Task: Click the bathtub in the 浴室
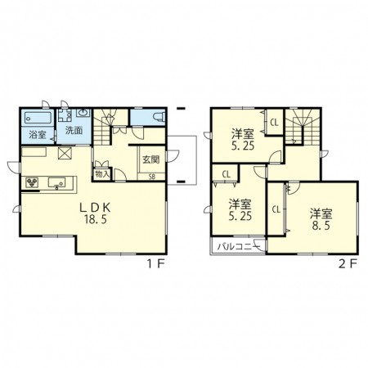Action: [38, 118]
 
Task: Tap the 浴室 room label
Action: [38, 134]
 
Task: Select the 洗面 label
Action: [74, 130]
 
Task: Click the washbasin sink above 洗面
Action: [83, 113]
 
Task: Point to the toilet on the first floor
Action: [159, 117]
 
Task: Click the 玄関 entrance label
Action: [150, 159]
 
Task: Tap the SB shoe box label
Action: [152, 177]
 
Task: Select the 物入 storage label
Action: [102, 174]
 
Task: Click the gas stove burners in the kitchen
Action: [32, 182]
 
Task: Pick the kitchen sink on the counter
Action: [56, 182]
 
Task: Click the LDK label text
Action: [95, 208]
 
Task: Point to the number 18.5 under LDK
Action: [95, 219]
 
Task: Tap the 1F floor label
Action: [156, 263]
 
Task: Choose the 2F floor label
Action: [348, 263]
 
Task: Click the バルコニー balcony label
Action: [239, 247]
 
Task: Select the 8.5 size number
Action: [321, 226]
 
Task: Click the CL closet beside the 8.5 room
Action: [276, 209]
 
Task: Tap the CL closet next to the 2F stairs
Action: [274, 123]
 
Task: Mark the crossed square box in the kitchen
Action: [65, 153]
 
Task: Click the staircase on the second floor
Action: [302, 127]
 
